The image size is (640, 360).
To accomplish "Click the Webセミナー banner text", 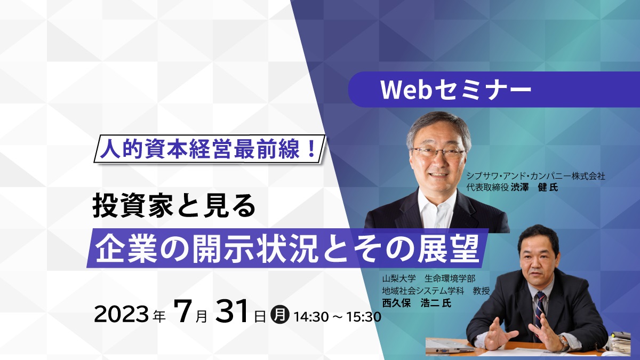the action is click(456, 90).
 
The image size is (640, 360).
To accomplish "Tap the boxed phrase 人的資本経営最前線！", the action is click(210, 149).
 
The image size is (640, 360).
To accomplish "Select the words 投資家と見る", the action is click(174, 205).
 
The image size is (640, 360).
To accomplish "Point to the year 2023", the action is click(121, 315).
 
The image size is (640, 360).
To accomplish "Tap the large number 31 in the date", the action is click(231, 311).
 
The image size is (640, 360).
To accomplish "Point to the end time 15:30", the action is click(364, 317).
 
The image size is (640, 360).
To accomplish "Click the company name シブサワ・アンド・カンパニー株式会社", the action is click(535, 175).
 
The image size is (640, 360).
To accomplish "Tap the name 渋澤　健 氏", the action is click(534, 187).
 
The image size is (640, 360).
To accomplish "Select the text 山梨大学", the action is click(399, 278).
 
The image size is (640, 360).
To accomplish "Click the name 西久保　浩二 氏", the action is click(417, 303).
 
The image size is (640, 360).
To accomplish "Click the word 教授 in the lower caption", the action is click(481, 291).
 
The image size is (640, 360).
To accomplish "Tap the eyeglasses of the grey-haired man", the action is click(439, 152).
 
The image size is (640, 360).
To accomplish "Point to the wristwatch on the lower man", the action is click(564, 341).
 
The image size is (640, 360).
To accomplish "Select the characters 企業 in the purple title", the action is click(126, 249).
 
